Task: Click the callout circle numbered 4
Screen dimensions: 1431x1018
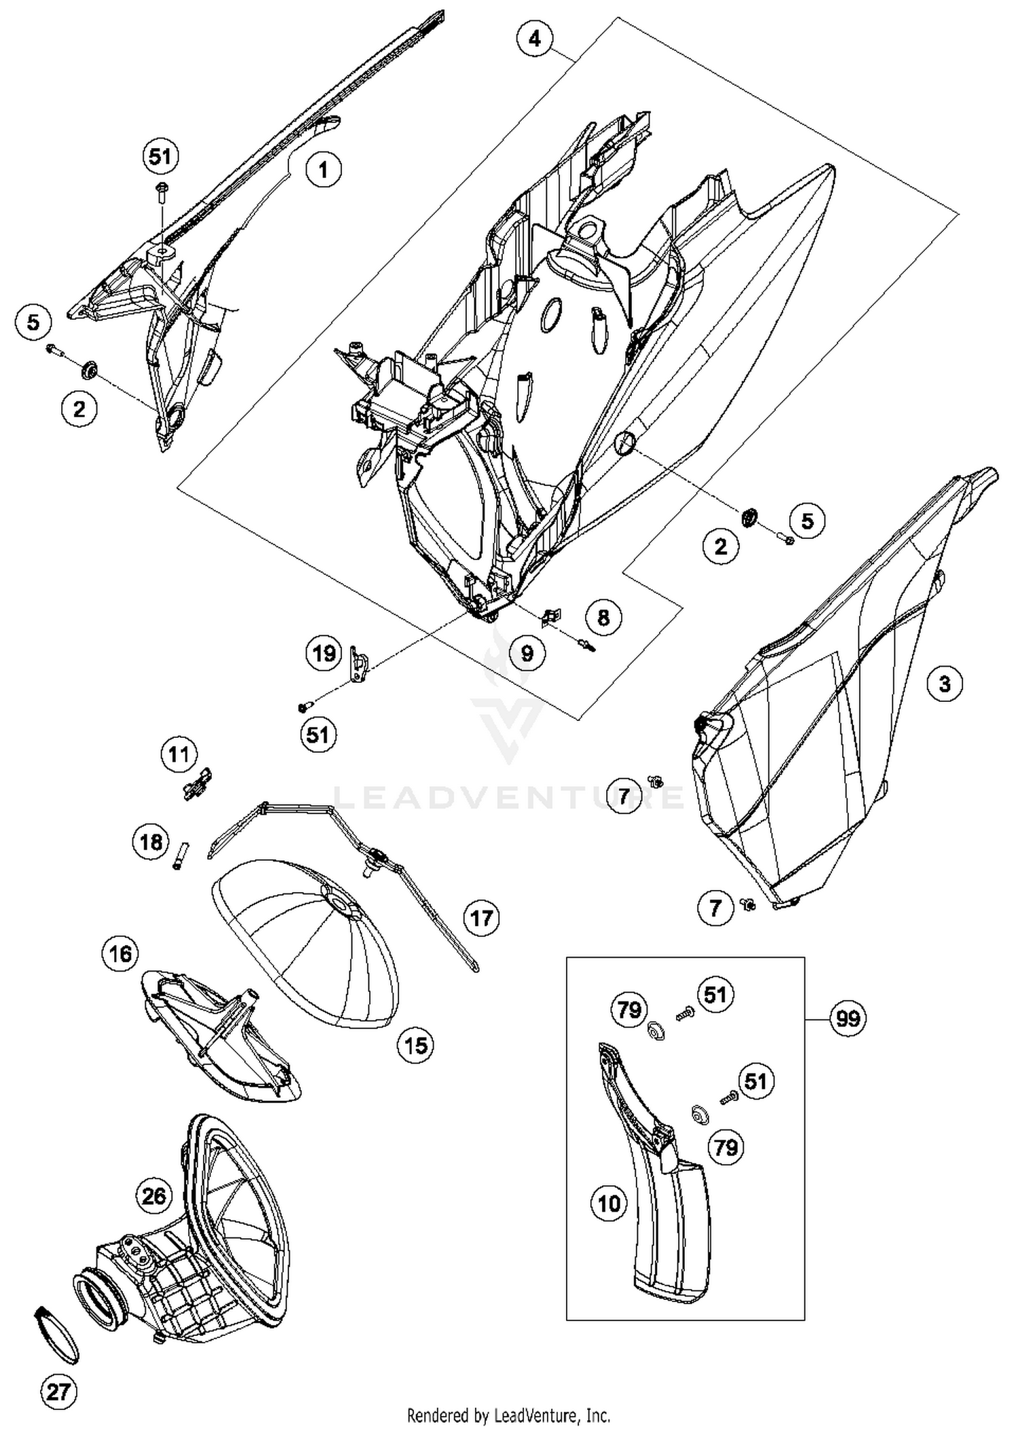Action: (535, 39)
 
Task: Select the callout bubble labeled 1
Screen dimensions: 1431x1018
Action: (323, 169)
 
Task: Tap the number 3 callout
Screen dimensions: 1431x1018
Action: (945, 684)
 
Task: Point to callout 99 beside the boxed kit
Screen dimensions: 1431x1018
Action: (848, 1018)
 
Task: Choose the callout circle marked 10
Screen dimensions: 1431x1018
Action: (609, 1204)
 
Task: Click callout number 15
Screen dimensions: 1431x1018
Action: (416, 1045)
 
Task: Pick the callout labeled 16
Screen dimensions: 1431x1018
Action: (120, 953)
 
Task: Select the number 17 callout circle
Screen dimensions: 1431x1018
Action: (481, 918)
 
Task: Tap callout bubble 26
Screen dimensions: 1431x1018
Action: (153, 1195)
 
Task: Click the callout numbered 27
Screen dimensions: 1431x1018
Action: (58, 1392)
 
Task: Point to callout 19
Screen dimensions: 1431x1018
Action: (323, 654)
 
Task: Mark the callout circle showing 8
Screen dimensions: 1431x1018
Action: (603, 617)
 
